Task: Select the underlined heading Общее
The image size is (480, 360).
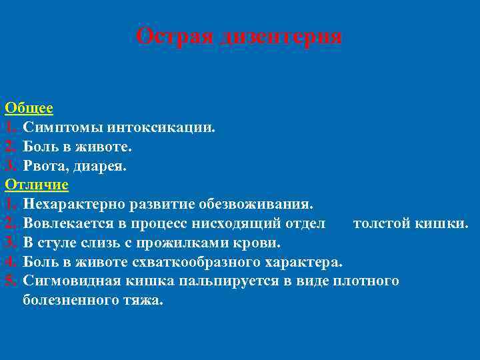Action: [x=29, y=107]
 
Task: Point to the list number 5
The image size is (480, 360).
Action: [x=10, y=280]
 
